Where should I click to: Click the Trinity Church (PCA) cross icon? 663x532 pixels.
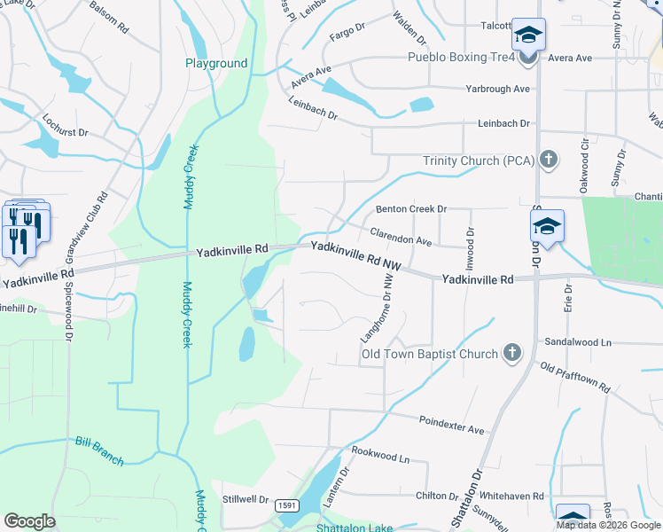pos(549,160)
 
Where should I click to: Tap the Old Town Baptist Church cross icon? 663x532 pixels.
pos(511,354)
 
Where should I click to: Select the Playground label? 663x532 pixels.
pos(216,63)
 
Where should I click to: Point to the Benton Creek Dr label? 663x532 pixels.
pos(410,209)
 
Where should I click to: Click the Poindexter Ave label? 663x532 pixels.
pos(452,425)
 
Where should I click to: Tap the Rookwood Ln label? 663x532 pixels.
pos(380,454)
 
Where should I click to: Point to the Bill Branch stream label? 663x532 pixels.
pos(99,450)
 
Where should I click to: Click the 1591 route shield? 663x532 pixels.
pos(285,505)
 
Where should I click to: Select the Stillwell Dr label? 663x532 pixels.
pos(246,498)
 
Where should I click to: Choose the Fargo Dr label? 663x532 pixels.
pos(347,31)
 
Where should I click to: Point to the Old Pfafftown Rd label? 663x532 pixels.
pos(575,379)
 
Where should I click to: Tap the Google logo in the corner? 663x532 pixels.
pos(29,520)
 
